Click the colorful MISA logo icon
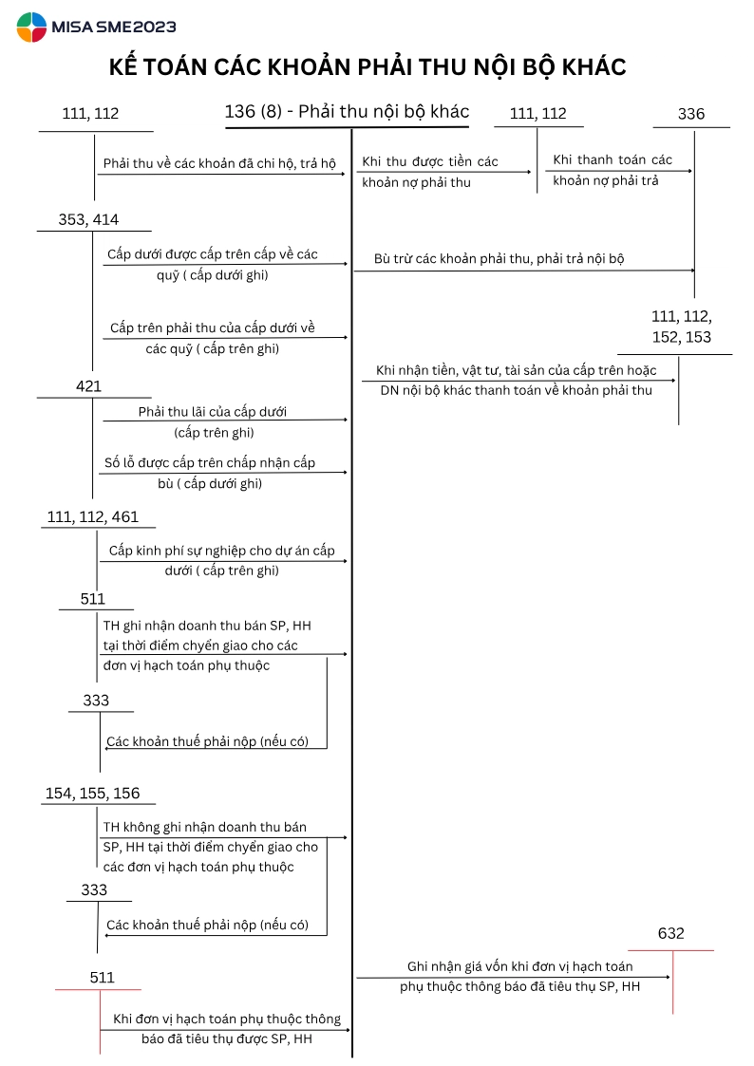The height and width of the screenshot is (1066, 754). [x=31, y=28]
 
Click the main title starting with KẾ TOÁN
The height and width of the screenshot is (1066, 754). [x=368, y=67]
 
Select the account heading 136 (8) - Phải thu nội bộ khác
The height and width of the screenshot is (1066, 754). [x=347, y=111]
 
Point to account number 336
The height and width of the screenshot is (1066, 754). [x=691, y=114]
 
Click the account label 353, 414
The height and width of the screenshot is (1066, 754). [x=88, y=219]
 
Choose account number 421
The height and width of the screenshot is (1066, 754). [x=88, y=386]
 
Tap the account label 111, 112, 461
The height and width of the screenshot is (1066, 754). [x=92, y=516]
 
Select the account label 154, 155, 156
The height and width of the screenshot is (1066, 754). [x=92, y=794]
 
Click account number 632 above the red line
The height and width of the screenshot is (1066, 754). [x=670, y=933]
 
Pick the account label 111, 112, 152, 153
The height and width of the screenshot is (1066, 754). [x=682, y=327]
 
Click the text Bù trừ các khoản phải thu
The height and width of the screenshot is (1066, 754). [x=500, y=258]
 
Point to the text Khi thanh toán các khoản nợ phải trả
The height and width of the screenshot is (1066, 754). [x=613, y=170]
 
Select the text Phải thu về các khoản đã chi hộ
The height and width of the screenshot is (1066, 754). [x=219, y=163]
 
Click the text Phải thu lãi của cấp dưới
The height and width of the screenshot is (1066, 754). [x=212, y=412]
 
